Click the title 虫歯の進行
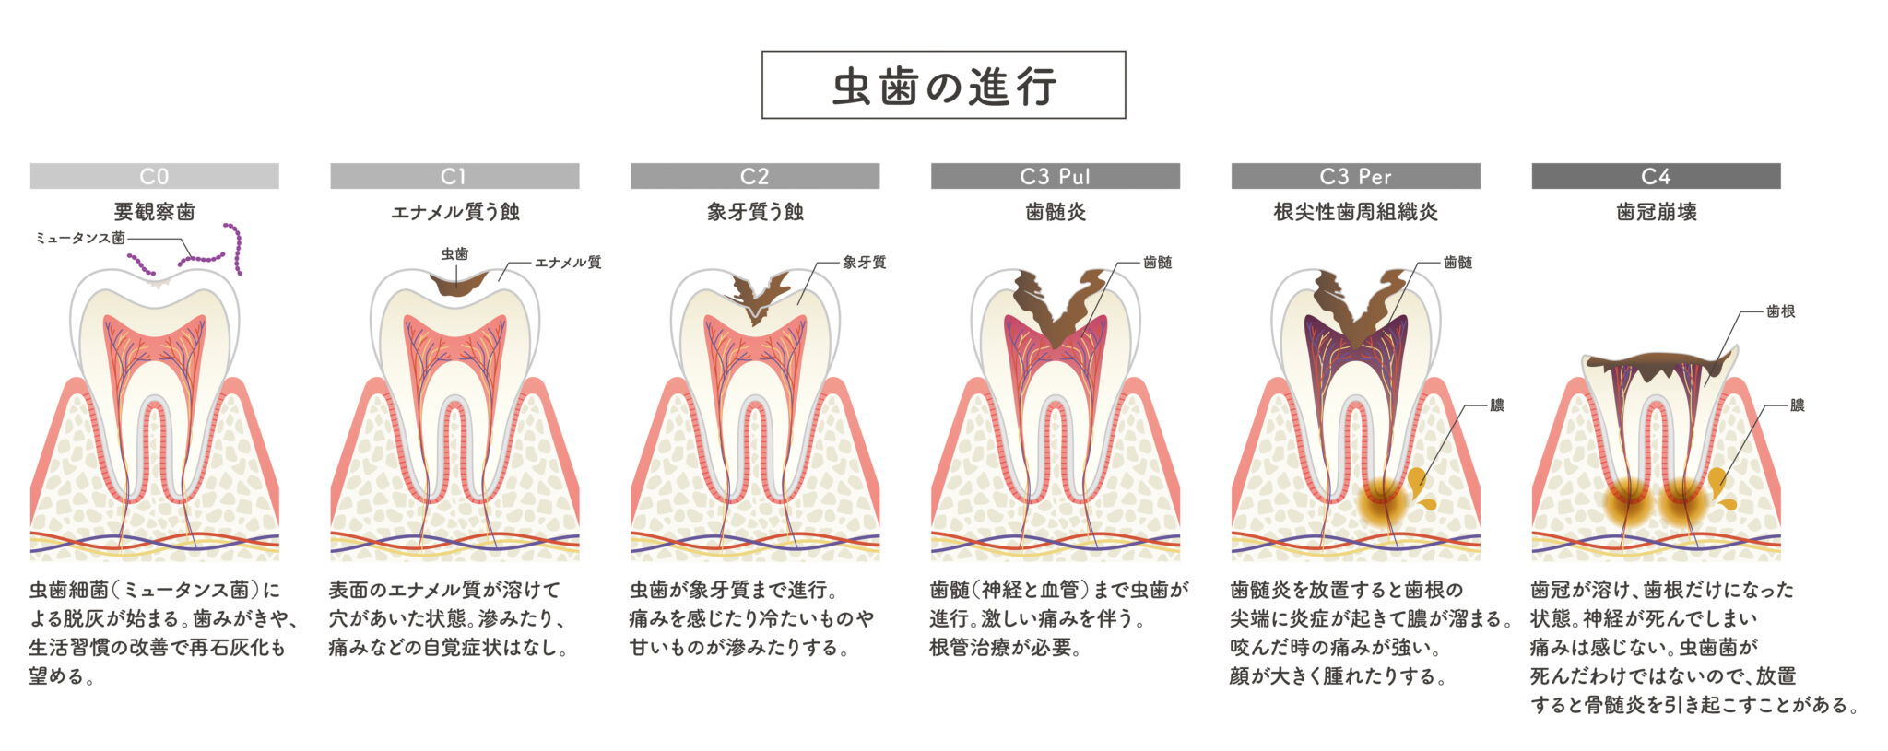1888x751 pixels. tap(943, 86)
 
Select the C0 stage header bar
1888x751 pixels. tap(154, 176)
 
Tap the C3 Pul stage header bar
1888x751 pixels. tap(1055, 176)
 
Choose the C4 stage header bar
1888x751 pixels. tap(1656, 176)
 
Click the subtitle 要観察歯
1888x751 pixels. tap(154, 212)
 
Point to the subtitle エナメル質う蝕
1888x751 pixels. tap(454, 212)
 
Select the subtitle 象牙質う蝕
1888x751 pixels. tap(755, 212)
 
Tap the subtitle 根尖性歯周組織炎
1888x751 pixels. tap(1355, 212)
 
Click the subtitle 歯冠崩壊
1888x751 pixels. tap(1656, 212)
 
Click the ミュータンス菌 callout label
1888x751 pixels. tap(80, 238)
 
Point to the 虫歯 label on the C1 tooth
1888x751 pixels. tap(454, 253)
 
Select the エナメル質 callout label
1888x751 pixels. tap(568, 263)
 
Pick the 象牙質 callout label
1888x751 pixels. tap(864, 263)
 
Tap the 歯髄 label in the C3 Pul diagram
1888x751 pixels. tap(1157, 263)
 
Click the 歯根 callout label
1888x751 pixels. tap(1780, 311)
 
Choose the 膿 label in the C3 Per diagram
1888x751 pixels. tap(1496, 405)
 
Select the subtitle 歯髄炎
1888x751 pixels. tap(1055, 212)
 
